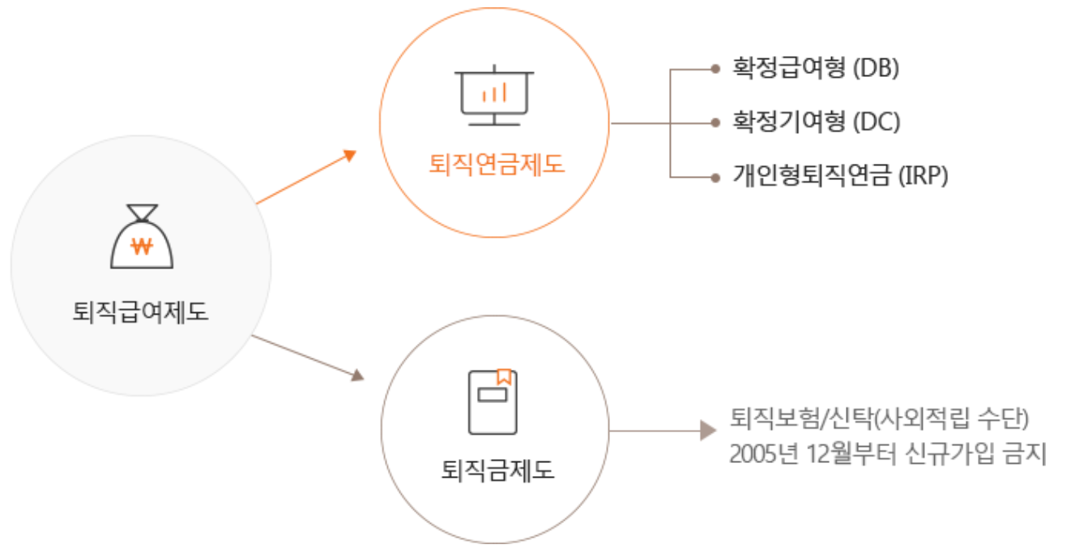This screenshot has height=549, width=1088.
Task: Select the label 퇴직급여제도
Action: (x=141, y=311)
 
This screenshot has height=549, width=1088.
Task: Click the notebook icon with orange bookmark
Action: (x=493, y=402)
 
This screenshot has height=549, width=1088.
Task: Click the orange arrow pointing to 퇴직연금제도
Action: (x=305, y=178)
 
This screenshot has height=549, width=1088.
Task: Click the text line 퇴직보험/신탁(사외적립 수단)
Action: (x=879, y=419)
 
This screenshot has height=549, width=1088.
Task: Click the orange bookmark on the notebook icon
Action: (x=504, y=376)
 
